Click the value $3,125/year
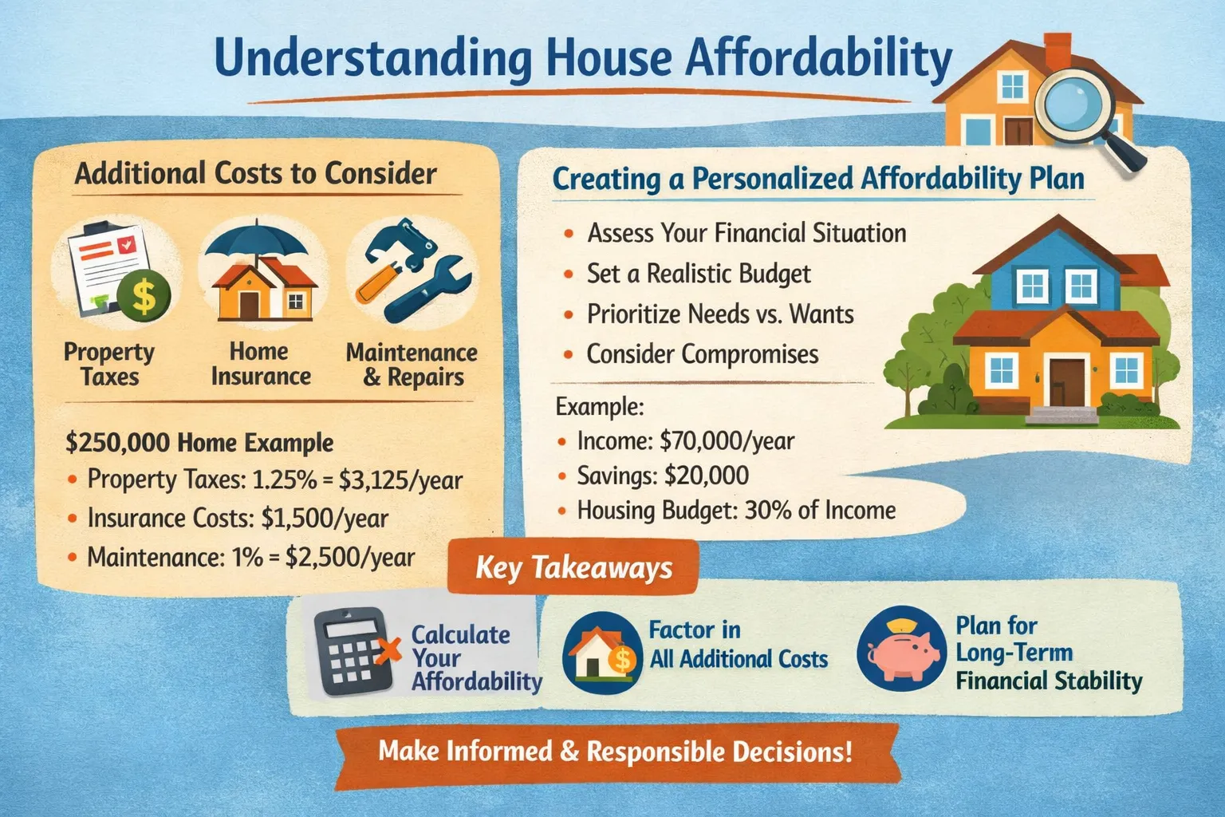click(401, 480)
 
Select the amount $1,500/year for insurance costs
click(325, 519)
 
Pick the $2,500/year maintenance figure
click(350, 558)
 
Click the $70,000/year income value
click(727, 441)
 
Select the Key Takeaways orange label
click(573, 567)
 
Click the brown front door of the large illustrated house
click(1066, 382)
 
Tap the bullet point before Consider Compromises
click(568, 355)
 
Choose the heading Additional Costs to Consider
click(255, 174)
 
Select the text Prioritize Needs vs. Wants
click(720, 314)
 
